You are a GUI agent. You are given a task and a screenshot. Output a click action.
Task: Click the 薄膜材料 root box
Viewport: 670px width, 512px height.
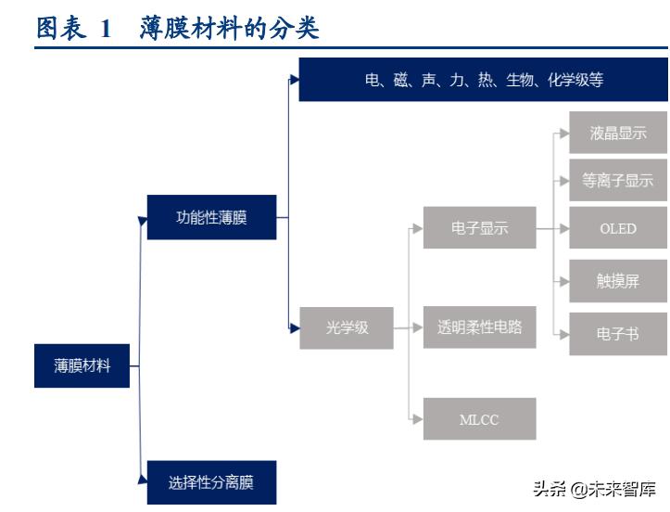click(x=82, y=365)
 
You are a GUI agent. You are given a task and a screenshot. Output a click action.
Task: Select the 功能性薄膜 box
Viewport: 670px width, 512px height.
click(x=211, y=219)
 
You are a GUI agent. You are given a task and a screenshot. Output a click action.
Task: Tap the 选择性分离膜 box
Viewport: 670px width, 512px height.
click(x=211, y=481)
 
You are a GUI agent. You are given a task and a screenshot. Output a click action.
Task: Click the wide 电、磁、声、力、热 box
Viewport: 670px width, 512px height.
click(x=483, y=80)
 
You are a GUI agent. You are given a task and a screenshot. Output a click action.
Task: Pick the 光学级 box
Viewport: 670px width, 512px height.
click(x=347, y=326)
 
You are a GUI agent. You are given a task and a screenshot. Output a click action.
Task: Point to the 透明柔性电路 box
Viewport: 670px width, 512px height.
click(x=479, y=326)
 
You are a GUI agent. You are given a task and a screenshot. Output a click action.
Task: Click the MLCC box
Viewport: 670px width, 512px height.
click(x=479, y=419)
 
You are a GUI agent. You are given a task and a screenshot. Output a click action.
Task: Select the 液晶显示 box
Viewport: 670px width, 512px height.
click(x=618, y=133)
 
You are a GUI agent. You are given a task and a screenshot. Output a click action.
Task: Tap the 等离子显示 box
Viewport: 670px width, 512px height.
click(x=618, y=181)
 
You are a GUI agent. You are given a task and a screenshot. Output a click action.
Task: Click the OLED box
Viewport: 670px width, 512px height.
click(x=618, y=228)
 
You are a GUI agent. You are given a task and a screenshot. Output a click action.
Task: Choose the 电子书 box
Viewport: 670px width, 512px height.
click(x=618, y=334)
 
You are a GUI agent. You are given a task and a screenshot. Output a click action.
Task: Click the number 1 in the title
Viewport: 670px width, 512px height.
click(x=105, y=29)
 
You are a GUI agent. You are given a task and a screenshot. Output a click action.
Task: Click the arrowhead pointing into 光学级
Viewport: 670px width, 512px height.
click(x=294, y=326)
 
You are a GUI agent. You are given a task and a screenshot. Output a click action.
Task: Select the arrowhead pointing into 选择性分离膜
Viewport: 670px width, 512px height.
click(x=142, y=480)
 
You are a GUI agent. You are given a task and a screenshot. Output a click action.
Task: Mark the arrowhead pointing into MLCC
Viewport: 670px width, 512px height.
click(x=418, y=419)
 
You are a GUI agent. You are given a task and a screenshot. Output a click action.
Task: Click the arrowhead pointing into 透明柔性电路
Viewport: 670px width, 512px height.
click(x=418, y=326)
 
